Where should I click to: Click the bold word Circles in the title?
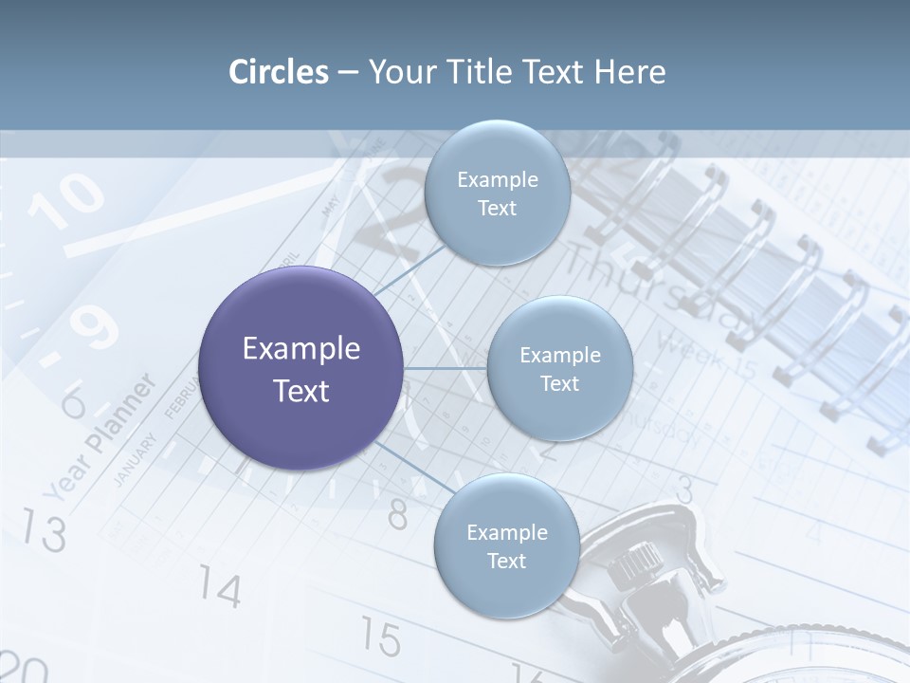(278, 71)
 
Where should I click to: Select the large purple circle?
(301, 368)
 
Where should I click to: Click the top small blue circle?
(497, 193)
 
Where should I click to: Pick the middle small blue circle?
(559, 368)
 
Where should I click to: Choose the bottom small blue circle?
(506, 545)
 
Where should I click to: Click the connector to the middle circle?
(446, 368)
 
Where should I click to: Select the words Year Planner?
(100, 436)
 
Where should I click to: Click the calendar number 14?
(220, 589)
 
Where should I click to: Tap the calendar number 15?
(380, 637)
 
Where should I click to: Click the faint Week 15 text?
(706, 356)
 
